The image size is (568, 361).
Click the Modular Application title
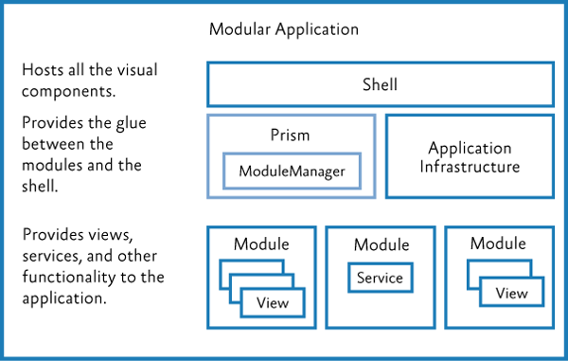283,29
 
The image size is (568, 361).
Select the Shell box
380,84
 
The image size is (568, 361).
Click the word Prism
290,135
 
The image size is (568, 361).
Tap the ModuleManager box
292,171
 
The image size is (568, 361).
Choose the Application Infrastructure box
470,157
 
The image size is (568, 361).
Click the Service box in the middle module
380,278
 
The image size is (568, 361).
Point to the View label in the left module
273,304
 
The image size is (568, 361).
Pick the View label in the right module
511,293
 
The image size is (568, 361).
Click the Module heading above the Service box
381,245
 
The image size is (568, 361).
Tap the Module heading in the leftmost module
262,244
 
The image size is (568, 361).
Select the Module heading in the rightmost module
499,244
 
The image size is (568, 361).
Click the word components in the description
67,91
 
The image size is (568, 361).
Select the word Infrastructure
470,167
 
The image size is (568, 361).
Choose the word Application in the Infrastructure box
470,149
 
